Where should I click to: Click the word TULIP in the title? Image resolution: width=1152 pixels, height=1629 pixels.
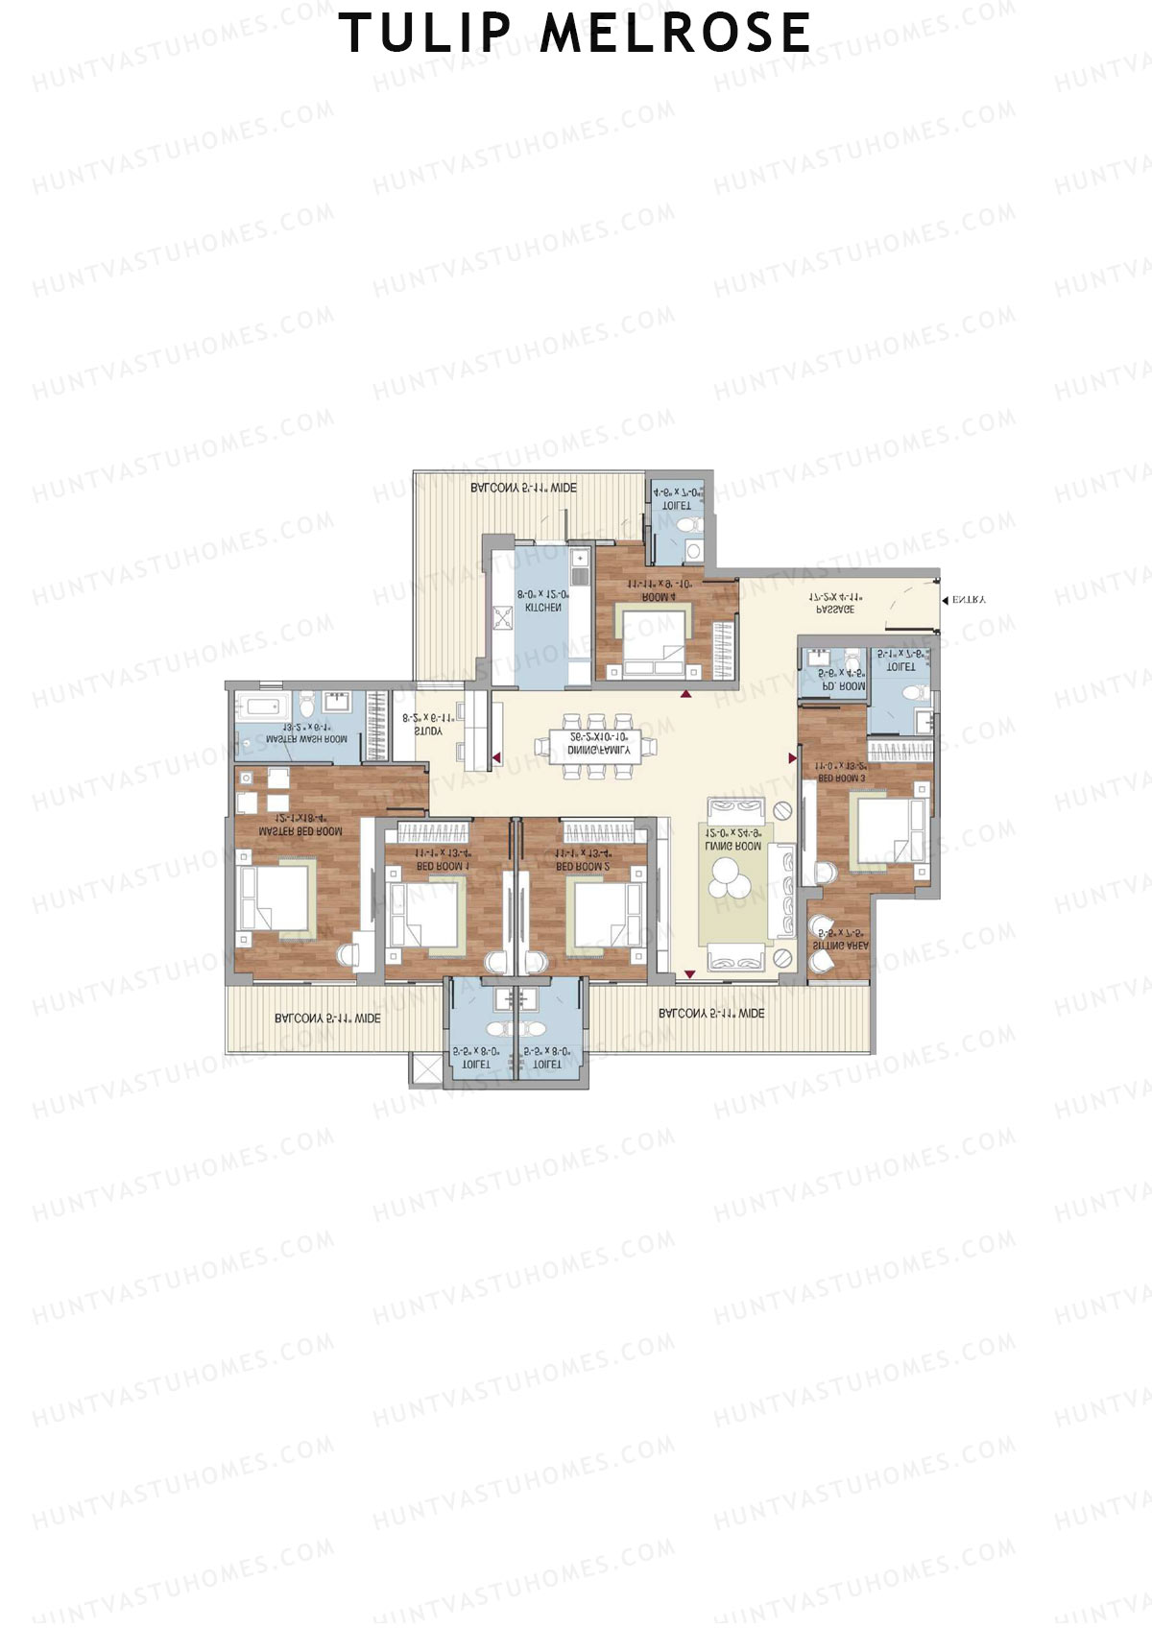pos(424,33)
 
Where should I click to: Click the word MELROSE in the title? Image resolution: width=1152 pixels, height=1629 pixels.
pos(675,33)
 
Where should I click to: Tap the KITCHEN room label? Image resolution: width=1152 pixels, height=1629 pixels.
pos(542,608)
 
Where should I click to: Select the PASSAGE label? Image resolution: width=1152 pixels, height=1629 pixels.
pos(834,609)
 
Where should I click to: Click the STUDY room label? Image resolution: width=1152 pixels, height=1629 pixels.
pos(428,731)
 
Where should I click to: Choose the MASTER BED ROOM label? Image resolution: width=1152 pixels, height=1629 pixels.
pos(300,831)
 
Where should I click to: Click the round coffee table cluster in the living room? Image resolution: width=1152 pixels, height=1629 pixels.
pos(733,876)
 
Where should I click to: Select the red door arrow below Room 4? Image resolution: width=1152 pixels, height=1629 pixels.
pos(686,693)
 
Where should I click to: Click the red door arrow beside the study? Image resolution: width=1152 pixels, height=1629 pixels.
pos(496,758)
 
